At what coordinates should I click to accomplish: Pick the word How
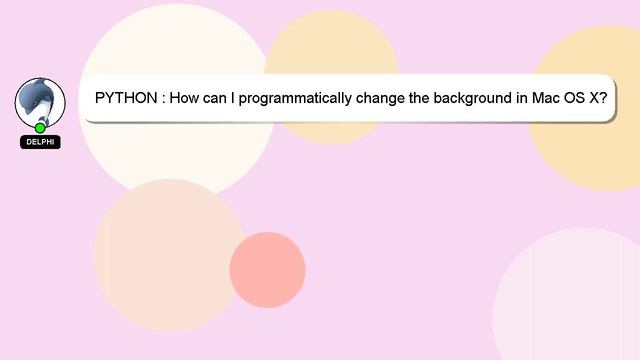(x=187, y=99)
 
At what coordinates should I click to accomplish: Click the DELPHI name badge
(x=40, y=142)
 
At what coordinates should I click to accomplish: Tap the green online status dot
(x=40, y=128)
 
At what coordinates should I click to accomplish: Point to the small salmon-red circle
(x=267, y=270)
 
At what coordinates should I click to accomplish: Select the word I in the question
(x=244, y=99)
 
